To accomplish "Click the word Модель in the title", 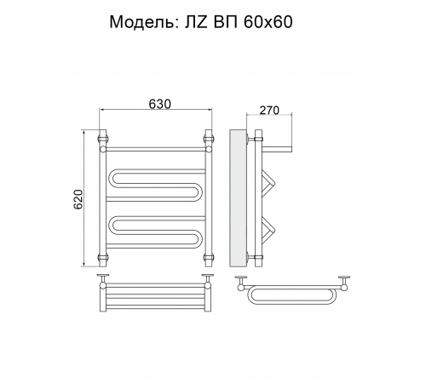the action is (142, 22).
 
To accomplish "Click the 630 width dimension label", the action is (160, 104).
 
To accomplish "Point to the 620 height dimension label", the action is (78, 199).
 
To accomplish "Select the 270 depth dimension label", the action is (269, 110).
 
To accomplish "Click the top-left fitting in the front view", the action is (103, 139).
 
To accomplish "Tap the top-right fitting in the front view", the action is (209, 139).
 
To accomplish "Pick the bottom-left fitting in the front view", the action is (103, 258).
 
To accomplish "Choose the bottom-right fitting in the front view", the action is (209, 258).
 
